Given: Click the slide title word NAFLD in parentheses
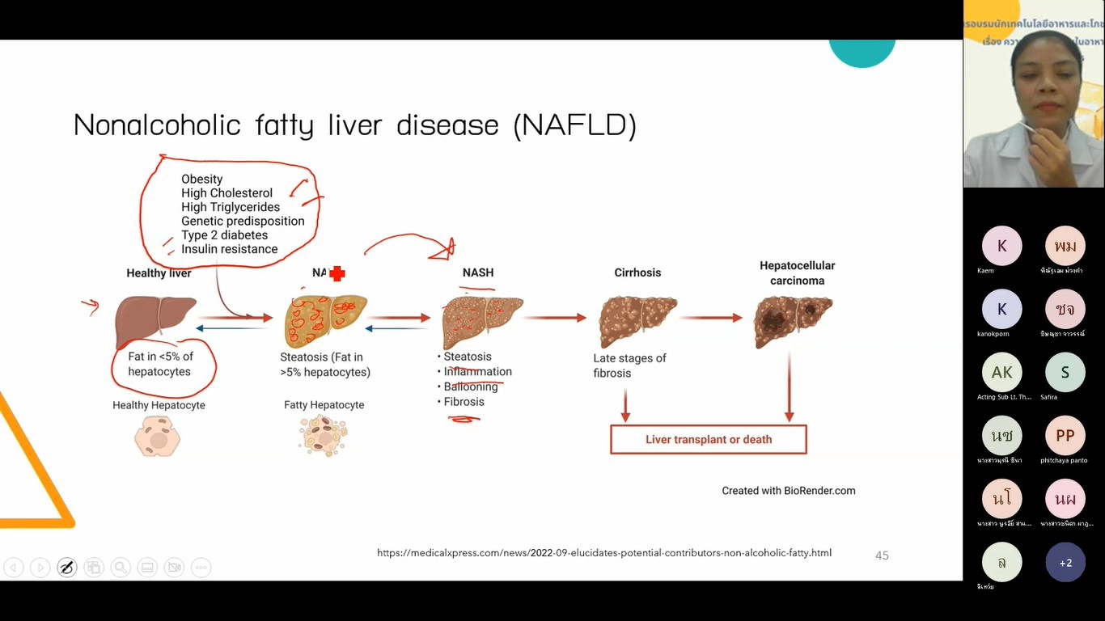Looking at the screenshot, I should pyautogui.click(x=575, y=125).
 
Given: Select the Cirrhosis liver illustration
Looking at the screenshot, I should pyautogui.click(x=637, y=319).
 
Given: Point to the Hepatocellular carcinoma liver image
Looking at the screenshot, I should pyautogui.click(x=792, y=320).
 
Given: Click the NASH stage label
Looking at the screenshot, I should pyautogui.click(x=478, y=272).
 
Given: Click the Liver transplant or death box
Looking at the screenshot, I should pyautogui.click(x=708, y=440).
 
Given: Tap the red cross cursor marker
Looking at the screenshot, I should pyautogui.click(x=337, y=274).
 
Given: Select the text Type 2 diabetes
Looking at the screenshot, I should pyautogui.click(x=224, y=235).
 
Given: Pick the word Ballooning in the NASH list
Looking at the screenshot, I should pyautogui.click(x=471, y=387).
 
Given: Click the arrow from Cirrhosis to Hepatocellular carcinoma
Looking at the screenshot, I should pyautogui.click(x=709, y=318).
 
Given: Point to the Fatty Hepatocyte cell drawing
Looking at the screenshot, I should pyautogui.click(x=324, y=436).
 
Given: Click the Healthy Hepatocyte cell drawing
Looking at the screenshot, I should pyautogui.click(x=158, y=437).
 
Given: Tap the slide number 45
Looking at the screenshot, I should pyautogui.click(x=882, y=556).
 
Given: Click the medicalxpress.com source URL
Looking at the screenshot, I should pyautogui.click(x=603, y=553).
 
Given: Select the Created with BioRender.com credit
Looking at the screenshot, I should pyautogui.click(x=788, y=491).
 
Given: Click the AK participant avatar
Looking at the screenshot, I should pyautogui.click(x=1002, y=373).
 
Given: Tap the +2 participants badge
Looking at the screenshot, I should pyautogui.click(x=1065, y=563).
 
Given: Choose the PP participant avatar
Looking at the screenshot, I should pyautogui.click(x=1065, y=437).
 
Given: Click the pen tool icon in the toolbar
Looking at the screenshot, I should pyautogui.click(x=67, y=568).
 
